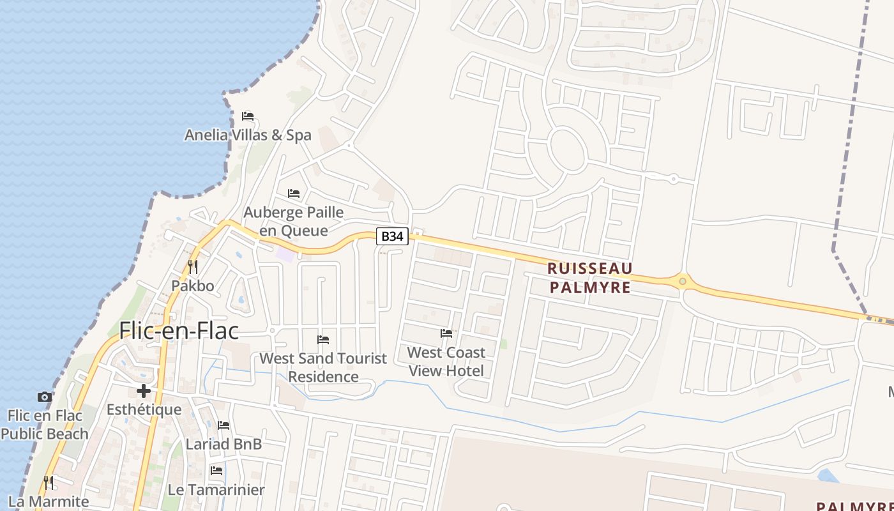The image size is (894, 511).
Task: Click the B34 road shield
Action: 392,236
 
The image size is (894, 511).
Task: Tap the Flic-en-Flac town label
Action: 179,331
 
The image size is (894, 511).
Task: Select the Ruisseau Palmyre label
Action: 590,278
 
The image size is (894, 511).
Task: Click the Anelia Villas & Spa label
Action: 248,135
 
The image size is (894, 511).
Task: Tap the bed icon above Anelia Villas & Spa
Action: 248,116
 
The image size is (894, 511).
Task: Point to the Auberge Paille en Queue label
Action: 294,221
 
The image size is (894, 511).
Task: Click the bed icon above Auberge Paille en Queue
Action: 294,193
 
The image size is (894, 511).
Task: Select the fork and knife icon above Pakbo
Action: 193,266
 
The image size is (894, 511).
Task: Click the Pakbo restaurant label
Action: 192,285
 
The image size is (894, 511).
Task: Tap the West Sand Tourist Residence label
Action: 323,367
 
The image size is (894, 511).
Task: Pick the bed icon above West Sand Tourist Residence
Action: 323,340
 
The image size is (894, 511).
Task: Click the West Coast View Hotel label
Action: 446,362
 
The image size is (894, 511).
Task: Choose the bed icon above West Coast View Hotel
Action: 446,333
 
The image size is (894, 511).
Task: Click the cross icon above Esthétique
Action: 144,391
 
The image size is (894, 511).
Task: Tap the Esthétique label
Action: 144,409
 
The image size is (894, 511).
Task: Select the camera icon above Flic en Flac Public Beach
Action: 45,397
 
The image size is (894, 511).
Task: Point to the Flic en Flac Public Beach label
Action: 45,425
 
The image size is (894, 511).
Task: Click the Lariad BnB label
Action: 223,444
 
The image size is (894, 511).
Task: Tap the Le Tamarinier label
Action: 216,490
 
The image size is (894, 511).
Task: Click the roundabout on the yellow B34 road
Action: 683,281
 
